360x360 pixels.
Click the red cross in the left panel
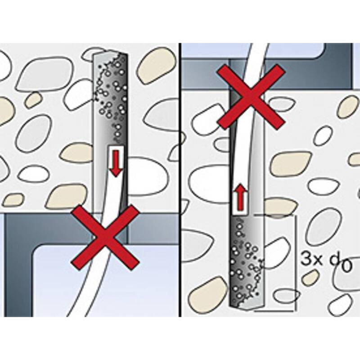[x=105, y=238]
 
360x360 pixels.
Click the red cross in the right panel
[x=251, y=97]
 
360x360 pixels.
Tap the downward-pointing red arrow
[x=116, y=163]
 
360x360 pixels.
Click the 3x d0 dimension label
[x=326, y=262]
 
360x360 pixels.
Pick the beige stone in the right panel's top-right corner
[x=348, y=107]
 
